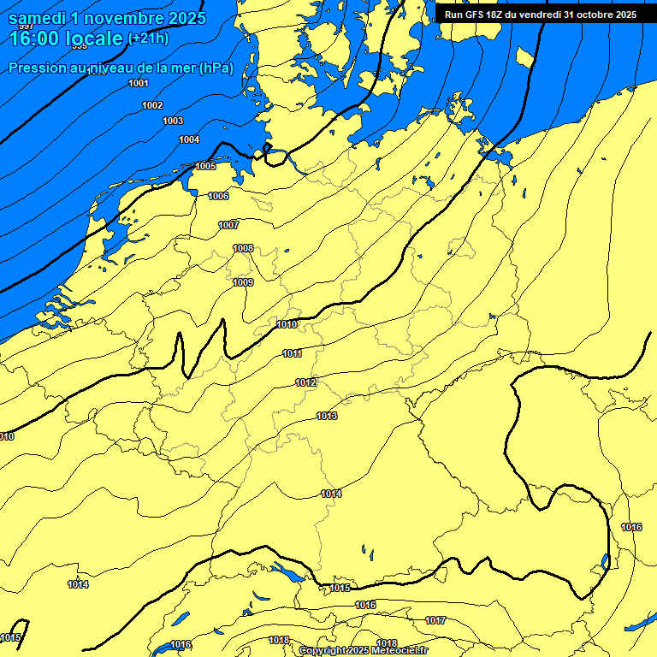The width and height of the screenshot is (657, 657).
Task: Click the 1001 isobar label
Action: coord(139,83)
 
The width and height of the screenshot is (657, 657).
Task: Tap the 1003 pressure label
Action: coord(173,121)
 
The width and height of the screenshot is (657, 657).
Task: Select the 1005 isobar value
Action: coord(205,166)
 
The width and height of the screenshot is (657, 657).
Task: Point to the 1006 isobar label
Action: coord(219,196)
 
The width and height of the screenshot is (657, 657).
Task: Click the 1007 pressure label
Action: coord(228,225)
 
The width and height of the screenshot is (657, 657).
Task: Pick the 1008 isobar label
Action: coord(244,248)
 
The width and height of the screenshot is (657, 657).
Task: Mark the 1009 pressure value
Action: coord(244,282)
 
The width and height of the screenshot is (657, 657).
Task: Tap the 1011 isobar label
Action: coord(293,353)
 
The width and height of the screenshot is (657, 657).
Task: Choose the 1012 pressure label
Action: coord(306,382)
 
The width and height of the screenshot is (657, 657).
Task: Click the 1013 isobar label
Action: coord(327,416)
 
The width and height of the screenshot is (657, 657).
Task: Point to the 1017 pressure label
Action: coord(435,620)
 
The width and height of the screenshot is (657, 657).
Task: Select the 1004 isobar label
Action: coord(189,139)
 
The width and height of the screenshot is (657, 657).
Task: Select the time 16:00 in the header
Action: coord(35,38)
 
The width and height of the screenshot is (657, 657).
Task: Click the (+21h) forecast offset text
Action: coord(148,38)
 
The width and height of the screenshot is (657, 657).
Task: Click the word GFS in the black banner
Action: coord(476,15)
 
